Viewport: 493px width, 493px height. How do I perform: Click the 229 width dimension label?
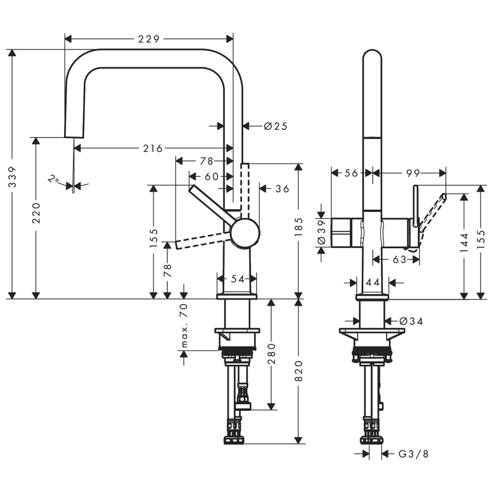point(149,39)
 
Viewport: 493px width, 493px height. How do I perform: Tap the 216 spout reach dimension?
point(153,148)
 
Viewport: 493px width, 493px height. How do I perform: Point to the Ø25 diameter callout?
point(276,126)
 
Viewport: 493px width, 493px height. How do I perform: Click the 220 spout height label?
point(36,213)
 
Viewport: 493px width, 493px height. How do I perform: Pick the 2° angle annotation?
point(53,179)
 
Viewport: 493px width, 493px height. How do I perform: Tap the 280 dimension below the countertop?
point(271,354)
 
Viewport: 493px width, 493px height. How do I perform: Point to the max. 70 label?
point(184,326)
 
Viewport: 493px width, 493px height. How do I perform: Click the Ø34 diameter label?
point(411,321)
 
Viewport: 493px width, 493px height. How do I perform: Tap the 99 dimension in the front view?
point(413,173)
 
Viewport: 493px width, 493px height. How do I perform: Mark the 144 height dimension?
point(464,242)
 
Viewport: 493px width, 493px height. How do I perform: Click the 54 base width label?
point(237,279)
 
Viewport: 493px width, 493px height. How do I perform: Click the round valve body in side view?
point(244,232)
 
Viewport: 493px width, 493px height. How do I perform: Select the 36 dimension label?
point(282,188)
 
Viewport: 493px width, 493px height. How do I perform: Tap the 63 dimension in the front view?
point(399,259)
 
